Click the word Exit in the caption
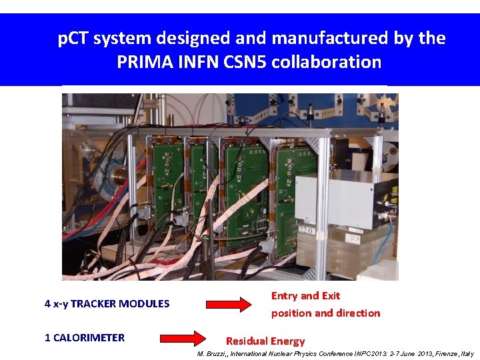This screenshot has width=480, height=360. [331, 295]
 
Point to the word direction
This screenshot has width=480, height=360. [358, 313]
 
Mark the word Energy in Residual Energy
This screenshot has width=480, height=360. [287, 341]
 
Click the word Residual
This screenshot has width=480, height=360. [247, 341]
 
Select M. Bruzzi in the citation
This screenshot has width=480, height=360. [212, 353]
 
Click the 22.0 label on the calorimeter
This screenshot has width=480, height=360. [306, 231]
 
